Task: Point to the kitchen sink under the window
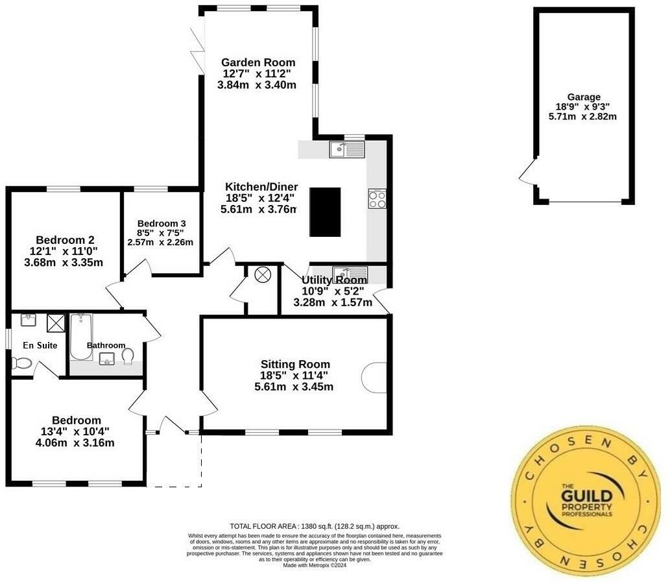[x=347, y=150]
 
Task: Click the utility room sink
[x=350, y=273]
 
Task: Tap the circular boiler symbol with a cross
[x=262, y=275]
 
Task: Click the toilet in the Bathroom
[x=128, y=356]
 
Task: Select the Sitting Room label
[x=295, y=364]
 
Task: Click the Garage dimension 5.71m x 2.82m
[x=582, y=116]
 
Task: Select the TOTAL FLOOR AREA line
[x=315, y=526]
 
